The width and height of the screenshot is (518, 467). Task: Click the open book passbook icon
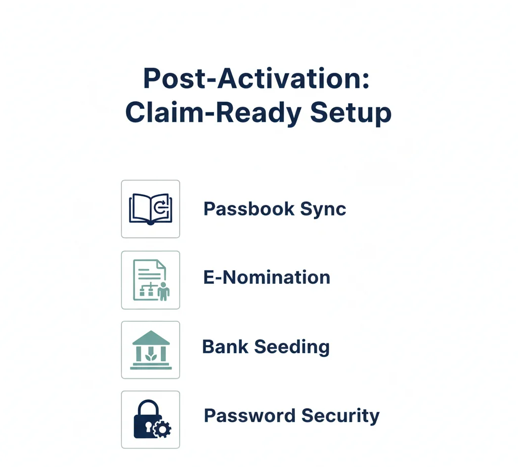tap(150, 208)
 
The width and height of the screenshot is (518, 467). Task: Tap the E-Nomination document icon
tap(150, 279)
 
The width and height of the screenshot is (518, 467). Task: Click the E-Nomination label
tap(267, 277)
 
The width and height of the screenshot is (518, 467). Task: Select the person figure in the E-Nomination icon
tap(163, 291)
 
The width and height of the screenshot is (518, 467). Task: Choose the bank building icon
tap(150, 350)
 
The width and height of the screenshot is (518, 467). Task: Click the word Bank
tap(225, 347)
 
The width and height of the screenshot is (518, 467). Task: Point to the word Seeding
tap(292, 348)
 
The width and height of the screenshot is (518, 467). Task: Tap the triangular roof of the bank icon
tap(150, 337)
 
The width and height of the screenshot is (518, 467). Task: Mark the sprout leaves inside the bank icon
tap(150, 357)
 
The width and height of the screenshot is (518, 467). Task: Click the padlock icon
tap(148, 420)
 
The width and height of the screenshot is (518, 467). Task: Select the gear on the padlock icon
tap(162, 429)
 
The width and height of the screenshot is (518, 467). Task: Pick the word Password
tap(249, 416)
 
